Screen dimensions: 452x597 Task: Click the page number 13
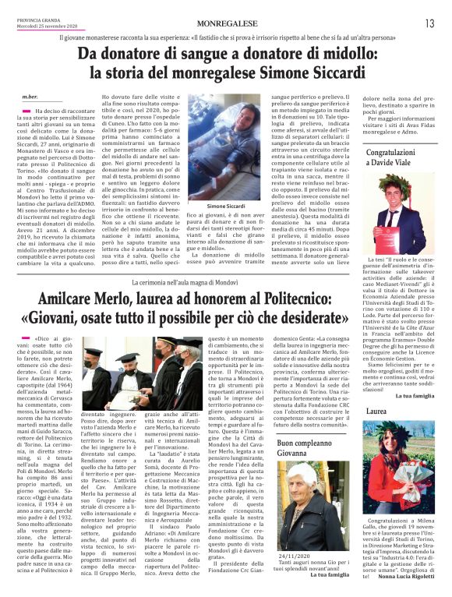tap(430, 24)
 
